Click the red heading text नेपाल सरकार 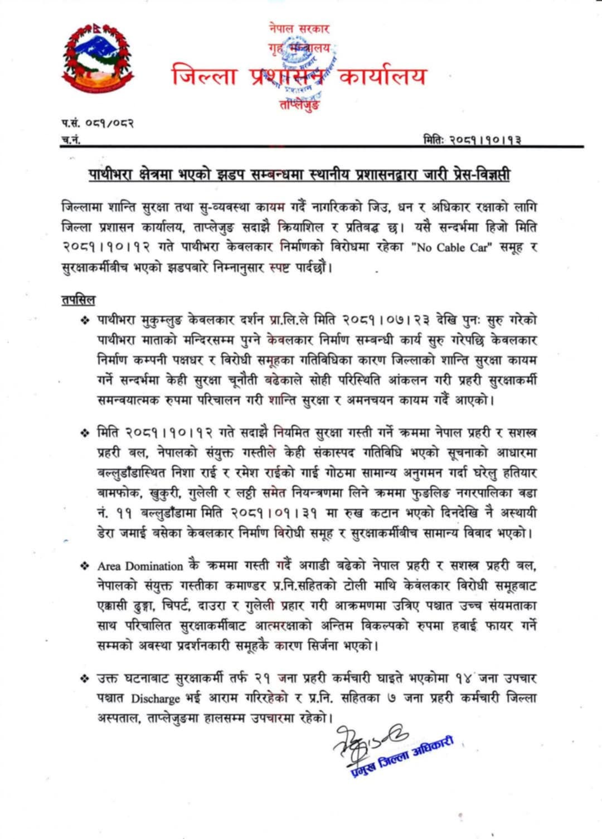[x=299, y=28]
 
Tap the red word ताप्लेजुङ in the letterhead [x=299, y=104]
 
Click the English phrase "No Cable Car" [x=453, y=247]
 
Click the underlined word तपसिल [x=78, y=300]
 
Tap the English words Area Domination [x=140, y=567]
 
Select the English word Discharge [x=156, y=699]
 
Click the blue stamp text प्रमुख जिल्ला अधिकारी [x=402, y=757]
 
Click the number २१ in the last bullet [x=263, y=679]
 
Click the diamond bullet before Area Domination [x=85, y=566]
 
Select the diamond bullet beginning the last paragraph [x=85, y=679]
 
